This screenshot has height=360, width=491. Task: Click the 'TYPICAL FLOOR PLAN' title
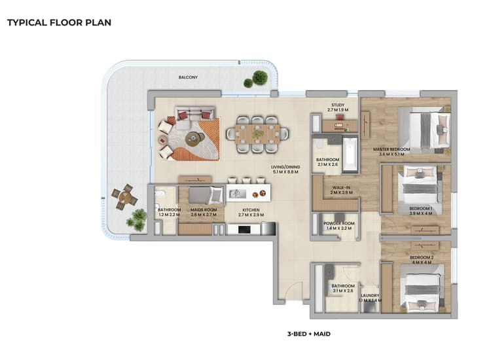[x=59, y=22]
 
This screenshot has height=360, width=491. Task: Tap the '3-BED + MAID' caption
[x=308, y=334]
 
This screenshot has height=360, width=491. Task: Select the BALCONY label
[x=189, y=77]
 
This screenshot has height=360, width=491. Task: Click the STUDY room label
[x=338, y=105]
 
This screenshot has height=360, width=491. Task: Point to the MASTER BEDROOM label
[x=391, y=150]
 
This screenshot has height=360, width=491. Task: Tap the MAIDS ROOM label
[x=203, y=210]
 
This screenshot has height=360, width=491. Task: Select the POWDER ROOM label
[x=339, y=223]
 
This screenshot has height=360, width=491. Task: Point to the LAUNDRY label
[x=370, y=296]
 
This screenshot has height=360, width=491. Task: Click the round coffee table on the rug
[x=193, y=138]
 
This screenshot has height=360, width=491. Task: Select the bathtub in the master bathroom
[x=350, y=154]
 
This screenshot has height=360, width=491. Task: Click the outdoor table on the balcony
[x=124, y=196]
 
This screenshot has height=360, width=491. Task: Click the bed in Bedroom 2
[x=424, y=288]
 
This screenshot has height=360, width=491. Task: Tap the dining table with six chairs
[x=257, y=134]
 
